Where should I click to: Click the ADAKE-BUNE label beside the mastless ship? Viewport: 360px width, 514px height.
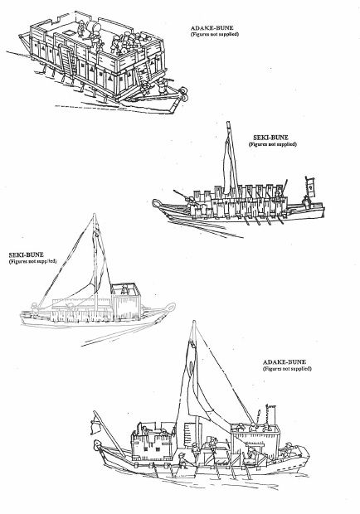[x=212, y=28]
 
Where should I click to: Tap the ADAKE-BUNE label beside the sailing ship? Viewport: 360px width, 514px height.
[x=285, y=362]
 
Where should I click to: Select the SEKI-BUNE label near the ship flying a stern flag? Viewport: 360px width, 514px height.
[x=270, y=138]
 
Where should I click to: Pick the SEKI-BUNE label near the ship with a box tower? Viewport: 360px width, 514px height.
[x=27, y=255]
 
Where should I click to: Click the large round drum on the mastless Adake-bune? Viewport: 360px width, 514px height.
[x=97, y=27]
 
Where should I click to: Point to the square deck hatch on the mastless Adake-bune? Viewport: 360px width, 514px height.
[x=71, y=33]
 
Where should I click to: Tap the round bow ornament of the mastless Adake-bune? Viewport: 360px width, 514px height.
[x=183, y=93]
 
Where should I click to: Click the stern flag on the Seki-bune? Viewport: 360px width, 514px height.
[x=310, y=187]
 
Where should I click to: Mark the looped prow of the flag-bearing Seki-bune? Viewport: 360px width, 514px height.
[x=157, y=204]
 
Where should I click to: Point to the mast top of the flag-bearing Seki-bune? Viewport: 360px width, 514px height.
[x=228, y=124]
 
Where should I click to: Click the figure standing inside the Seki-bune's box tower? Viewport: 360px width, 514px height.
[x=124, y=289]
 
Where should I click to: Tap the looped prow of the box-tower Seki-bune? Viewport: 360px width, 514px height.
[x=170, y=307]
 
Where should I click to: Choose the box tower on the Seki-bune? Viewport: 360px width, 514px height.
[x=126, y=302]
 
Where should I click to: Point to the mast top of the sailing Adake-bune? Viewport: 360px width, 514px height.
[x=194, y=323]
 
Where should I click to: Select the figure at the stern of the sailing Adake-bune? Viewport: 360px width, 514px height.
[x=288, y=449]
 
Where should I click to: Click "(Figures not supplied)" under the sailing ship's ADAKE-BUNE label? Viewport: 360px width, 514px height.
[x=287, y=369]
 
